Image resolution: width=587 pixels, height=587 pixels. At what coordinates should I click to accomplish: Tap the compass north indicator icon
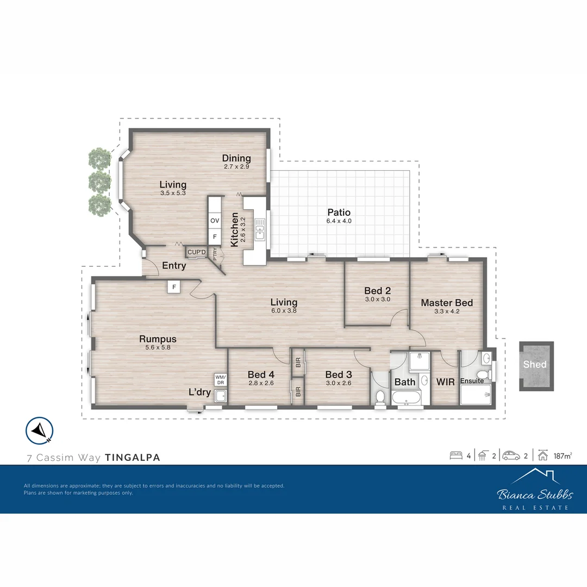coord(39,430)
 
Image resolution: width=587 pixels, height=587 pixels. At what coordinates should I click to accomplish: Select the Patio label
coord(339,213)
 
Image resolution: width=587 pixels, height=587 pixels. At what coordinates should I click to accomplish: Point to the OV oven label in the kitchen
coord(215,221)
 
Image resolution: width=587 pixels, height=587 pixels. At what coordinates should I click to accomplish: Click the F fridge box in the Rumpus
coord(173,286)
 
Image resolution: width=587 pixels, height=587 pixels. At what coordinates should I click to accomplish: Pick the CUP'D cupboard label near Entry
coord(196,252)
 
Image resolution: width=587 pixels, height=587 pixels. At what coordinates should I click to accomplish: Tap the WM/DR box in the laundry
coord(220,379)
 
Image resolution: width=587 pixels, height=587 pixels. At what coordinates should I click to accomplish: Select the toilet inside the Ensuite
coord(480,374)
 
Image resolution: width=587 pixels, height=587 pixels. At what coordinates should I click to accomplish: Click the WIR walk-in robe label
coord(445,382)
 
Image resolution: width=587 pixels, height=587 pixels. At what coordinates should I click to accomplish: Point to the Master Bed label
coord(447,303)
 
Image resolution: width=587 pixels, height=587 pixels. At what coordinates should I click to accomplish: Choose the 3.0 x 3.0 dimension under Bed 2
coord(377,299)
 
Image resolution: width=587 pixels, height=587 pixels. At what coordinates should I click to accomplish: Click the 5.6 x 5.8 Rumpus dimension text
coord(158,348)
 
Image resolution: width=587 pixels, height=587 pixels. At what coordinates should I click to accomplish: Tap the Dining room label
coord(236,158)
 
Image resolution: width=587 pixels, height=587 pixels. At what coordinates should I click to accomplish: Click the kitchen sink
coord(260,229)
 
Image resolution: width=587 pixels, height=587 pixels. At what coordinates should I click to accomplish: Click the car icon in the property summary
coord(511,455)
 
